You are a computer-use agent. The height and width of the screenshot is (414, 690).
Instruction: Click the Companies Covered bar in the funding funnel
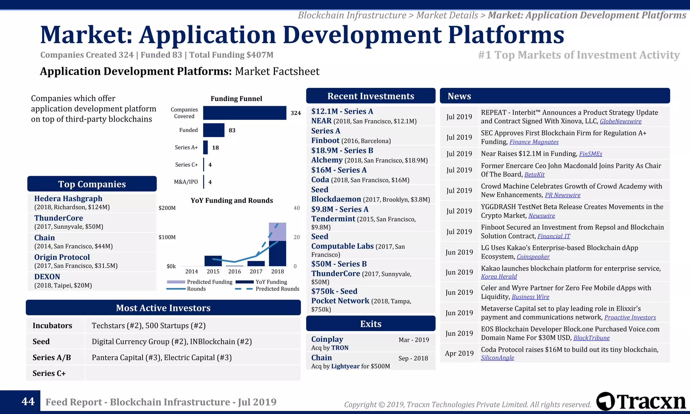pyautogui.click(x=245, y=113)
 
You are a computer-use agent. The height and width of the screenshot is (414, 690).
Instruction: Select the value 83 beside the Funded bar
pyautogui.click(x=232, y=130)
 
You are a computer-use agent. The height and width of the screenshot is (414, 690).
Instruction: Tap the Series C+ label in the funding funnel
pyautogui.click(x=186, y=165)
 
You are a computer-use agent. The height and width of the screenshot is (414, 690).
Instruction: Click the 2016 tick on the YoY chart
pyautogui.click(x=234, y=272)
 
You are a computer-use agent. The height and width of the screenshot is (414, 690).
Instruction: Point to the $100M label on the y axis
pyautogui.click(x=167, y=237)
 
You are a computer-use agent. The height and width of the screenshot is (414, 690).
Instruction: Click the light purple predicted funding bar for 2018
pyautogui.click(x=277, y=232)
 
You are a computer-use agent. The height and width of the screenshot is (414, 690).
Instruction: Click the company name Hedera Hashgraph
pyautogui.click(x=68, y=198)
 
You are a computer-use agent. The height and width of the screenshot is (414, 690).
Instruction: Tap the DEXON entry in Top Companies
pyautogui.click(x=47, y=277)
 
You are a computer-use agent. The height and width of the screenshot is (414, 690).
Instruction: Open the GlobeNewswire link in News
pyautogui.click(x=620, y=121)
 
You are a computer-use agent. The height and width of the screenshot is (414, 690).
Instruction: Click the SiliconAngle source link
pyautogui.click(x=497, y=358)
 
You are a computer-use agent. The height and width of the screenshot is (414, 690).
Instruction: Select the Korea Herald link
pyautogui.click(x=499, y=277)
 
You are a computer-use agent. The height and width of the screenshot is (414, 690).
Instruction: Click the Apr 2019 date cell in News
pyautogui.click(x=459, y=353)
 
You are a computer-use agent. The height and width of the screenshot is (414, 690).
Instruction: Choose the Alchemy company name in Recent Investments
pyautogui.click(x=326, y=160)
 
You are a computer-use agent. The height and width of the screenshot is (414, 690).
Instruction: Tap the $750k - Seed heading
pyautogui.click(x=334, y=291)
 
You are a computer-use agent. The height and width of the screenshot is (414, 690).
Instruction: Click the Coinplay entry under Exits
pyautogui.click(x=327, y=339)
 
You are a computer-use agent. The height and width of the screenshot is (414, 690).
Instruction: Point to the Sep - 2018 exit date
pyautogui.click(x=413, y=358)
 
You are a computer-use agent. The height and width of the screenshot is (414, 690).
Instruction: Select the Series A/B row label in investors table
pyautogui.click(x=52, y=357)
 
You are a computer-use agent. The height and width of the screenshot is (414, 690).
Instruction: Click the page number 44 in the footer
pyautogui.click(x=28, y=401)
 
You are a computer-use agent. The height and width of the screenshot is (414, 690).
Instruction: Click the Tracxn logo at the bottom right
pyautogui.click(x=641, y=402)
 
